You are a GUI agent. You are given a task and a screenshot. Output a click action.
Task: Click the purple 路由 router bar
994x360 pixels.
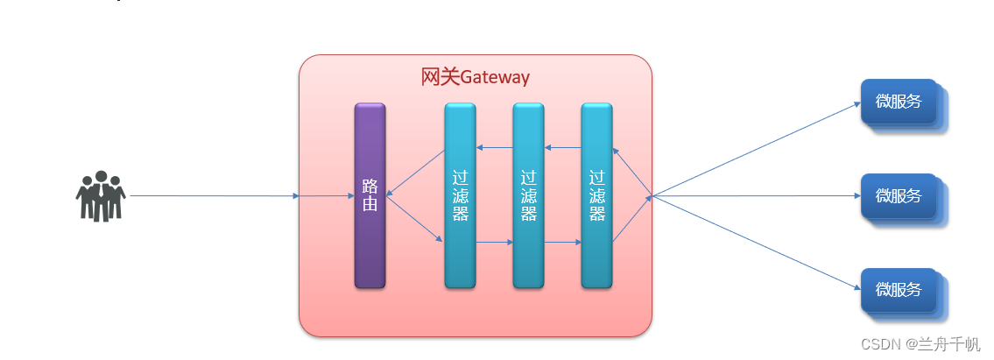point(370,195)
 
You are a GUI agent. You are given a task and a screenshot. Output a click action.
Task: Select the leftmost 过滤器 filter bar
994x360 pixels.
point(460,195)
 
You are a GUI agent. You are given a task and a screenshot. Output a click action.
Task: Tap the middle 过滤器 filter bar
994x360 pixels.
point(528,195)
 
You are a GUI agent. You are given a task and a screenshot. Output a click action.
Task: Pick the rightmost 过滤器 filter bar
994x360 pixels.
point(596,195)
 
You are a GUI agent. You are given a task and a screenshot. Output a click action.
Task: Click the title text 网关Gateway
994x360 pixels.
point(476,77)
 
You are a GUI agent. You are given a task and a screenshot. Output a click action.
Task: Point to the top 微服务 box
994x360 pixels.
point(899,102)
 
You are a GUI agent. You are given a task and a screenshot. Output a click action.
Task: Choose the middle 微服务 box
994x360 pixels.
point(899,196)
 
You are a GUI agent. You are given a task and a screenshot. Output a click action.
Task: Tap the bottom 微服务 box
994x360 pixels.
point(899,290)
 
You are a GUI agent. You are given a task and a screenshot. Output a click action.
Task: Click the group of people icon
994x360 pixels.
point(100,195)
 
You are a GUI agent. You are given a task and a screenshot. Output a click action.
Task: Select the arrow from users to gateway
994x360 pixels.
point(215,196)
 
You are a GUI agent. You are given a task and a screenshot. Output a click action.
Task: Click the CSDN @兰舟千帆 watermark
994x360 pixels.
point(919,344)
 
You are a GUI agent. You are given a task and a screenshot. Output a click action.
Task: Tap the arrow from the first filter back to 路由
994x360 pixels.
point(416,173)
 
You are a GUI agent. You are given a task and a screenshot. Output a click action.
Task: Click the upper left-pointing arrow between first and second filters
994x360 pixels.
point(494,147)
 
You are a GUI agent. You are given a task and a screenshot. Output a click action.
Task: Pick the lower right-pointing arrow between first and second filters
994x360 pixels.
point(494,242)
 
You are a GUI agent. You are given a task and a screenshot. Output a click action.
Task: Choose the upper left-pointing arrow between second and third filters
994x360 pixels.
point(562,147)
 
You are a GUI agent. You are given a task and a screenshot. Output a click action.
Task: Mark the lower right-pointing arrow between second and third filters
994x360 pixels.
point(562,242)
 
